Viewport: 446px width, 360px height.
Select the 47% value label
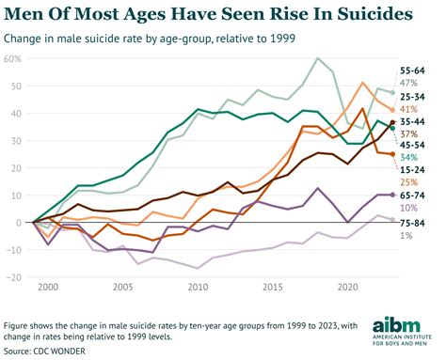point(410,83)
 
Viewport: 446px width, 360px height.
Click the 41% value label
point(410,108)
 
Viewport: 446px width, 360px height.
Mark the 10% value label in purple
point(410,207)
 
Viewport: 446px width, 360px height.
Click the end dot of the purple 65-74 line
point(392,195)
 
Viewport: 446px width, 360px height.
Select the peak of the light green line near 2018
point(318,59)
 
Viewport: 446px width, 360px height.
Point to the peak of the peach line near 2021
point(363,83)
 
